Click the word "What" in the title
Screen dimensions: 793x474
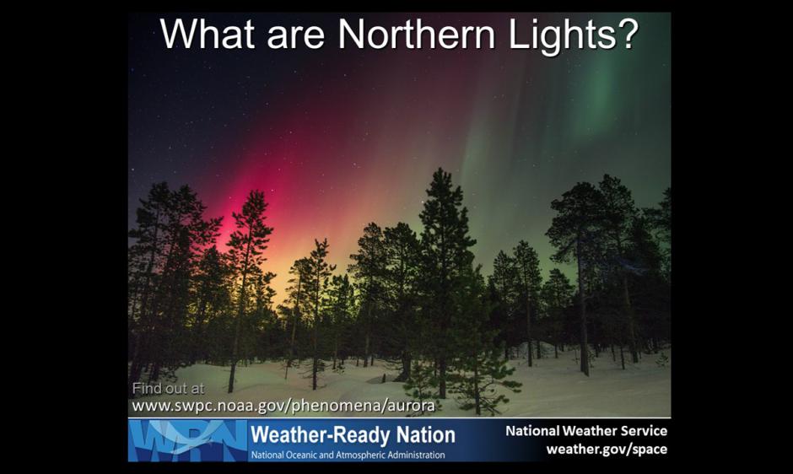[x=208, y=34]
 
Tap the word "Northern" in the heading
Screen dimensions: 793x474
[x=417, y=34]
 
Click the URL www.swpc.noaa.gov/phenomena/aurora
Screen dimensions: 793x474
[x=283, y=406]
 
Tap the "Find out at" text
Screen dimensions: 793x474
[x=168, y=389]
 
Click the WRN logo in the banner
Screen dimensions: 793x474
[x=187, y=440]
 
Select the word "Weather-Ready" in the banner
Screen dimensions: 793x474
[x=320, y=435]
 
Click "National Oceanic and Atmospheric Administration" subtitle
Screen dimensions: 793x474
[x=348, y=455]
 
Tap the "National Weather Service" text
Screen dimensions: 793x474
[x=586, y=431]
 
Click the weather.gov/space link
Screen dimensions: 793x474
[x=607, y=450]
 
